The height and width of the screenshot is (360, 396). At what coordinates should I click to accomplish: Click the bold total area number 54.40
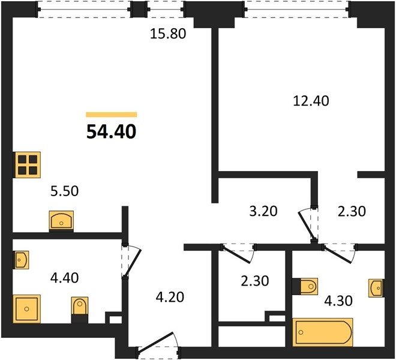click(112, 132)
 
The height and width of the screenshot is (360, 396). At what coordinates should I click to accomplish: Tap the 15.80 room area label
click(168, 34)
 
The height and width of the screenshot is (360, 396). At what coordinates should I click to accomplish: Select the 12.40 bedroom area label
click(311, 101)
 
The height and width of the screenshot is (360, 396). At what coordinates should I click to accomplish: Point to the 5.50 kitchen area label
click(64, 191)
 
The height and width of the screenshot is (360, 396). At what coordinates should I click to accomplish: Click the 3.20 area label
click(263, 211)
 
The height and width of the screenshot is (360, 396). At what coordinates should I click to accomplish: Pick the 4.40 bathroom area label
click(64, 278)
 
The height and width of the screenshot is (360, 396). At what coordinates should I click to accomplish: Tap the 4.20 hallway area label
click(170, 297)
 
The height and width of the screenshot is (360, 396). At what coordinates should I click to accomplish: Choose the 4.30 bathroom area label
click(338, 301)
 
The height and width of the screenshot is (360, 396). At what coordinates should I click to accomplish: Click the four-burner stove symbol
click(27, 165)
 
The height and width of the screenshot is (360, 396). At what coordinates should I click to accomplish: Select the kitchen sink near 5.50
click(61, 221)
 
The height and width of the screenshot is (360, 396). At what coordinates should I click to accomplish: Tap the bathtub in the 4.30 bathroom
click(323, 332)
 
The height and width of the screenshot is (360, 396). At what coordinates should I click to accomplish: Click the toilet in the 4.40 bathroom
click(80, 310)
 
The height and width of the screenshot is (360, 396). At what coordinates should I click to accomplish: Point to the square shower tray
click(26, 309)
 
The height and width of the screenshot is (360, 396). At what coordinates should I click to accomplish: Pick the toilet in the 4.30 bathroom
click(305, 286)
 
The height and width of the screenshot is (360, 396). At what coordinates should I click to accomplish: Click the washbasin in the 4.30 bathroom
click(376, 288)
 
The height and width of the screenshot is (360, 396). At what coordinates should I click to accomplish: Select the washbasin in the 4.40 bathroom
click(21, 260)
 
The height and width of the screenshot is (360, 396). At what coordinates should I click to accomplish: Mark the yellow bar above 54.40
click(112, 115)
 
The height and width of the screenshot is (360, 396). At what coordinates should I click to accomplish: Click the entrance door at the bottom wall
click(157, 342)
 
